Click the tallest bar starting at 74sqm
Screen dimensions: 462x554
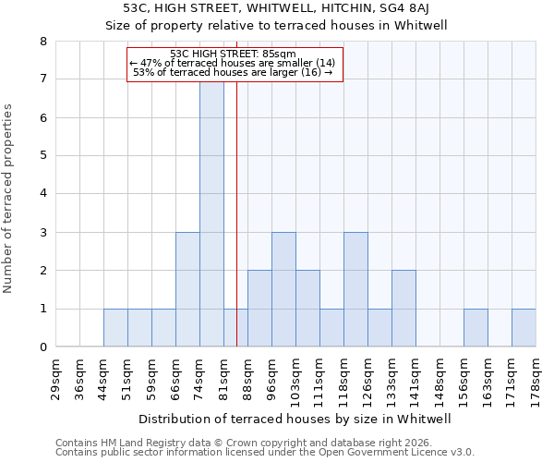pyautogui.click(x=211, y=213)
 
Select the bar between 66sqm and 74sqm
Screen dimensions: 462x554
pyautogui.click(x=187, y=289)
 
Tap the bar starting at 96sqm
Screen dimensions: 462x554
pyautogui.click(x=283, y=289)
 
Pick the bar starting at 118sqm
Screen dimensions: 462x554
pyautogui.click(x=355, y=289)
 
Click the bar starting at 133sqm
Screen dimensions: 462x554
pyautogui.click(x=403, y=309)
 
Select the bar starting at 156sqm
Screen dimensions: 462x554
pyautogui.click(x=476, y=328)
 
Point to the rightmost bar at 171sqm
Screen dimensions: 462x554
pyautogui.click(x=524, y=328)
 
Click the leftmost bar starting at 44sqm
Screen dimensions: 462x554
pyautogui.click(x=115, y=328)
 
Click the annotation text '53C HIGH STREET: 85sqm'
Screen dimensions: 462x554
pyautogui.click(x=234, y=54)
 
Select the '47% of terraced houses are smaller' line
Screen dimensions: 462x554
pyautogui.click(x=234, y=62)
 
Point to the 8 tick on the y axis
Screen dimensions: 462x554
pyautogui.click(x=43, y=42)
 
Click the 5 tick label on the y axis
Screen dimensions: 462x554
pyautogui.click(x=43, y=156)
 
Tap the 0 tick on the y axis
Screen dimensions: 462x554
pyautogui.click(x=43, y=347)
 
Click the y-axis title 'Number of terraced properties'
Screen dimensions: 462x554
pyautogui.click(x=9, y=198)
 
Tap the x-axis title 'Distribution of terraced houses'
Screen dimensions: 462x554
pyautogui.click(x=295, y=419)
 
